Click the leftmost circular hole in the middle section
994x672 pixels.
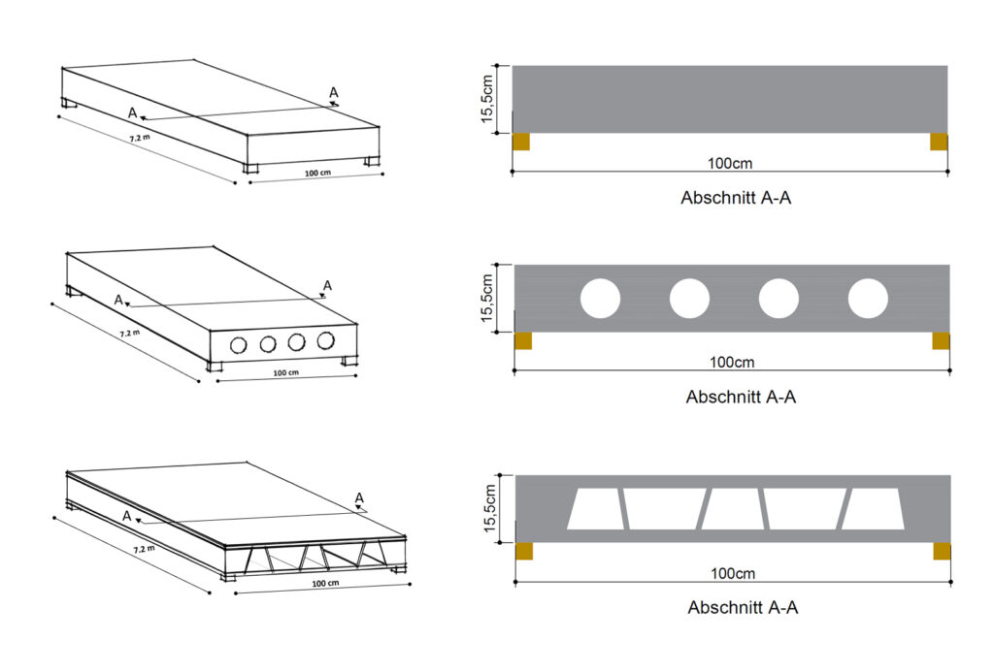600,299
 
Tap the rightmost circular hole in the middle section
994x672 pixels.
868,299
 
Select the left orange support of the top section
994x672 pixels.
521,142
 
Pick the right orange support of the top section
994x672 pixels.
939,142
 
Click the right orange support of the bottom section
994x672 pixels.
942,551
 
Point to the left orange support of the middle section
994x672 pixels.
522,340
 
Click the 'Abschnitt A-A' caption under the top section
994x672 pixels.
740,198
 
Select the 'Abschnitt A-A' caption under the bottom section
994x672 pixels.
743,608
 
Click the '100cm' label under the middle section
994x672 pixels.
732,362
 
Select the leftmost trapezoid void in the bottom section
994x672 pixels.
592,509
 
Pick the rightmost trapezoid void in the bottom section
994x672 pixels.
873,509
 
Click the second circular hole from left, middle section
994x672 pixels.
689,299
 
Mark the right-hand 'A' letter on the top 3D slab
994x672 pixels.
333,93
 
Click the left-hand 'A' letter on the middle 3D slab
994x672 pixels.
118,301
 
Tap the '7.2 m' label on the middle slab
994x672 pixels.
129,333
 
